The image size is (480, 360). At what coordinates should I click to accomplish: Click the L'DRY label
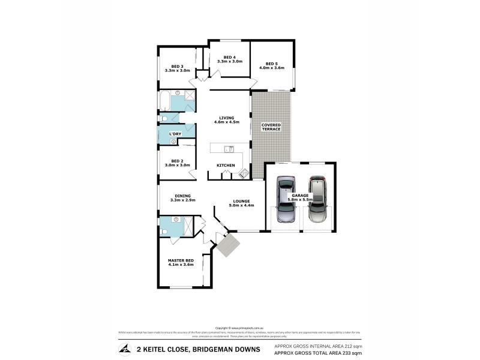click(175, 133)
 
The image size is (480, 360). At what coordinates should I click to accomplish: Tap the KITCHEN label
click(226, 165)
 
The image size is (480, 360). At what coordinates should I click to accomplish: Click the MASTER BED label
click(181, 262)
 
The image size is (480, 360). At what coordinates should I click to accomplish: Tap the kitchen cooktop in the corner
click(244, 174)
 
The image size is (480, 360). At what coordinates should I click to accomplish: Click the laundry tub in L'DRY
click(173, 142)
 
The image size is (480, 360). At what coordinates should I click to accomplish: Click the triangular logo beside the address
click(124, 349)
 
